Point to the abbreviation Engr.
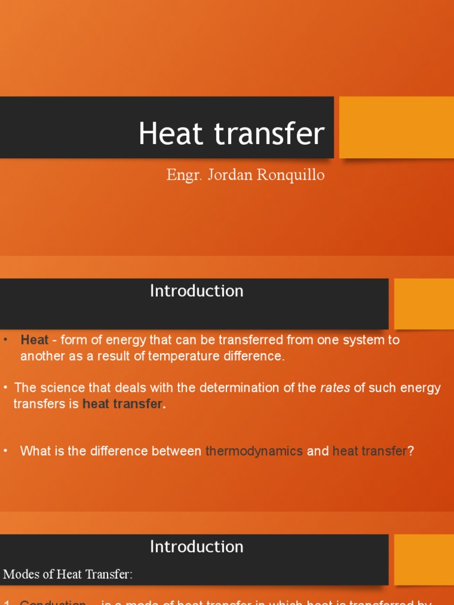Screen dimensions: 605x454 pos(182,175)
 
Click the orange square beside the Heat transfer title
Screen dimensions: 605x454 pos(396,127)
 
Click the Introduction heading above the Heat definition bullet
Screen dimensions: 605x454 pos(196,291)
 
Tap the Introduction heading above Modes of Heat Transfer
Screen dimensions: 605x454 pos(196,547)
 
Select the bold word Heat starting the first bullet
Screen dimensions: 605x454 pos(34,340)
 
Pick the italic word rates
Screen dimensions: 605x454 pos(335,388)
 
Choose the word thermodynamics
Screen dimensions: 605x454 pos(254,451)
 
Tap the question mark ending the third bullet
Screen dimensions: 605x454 pos(411,451)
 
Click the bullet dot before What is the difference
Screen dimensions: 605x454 pos(5,450)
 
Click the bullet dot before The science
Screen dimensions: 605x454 pos(5,388)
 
